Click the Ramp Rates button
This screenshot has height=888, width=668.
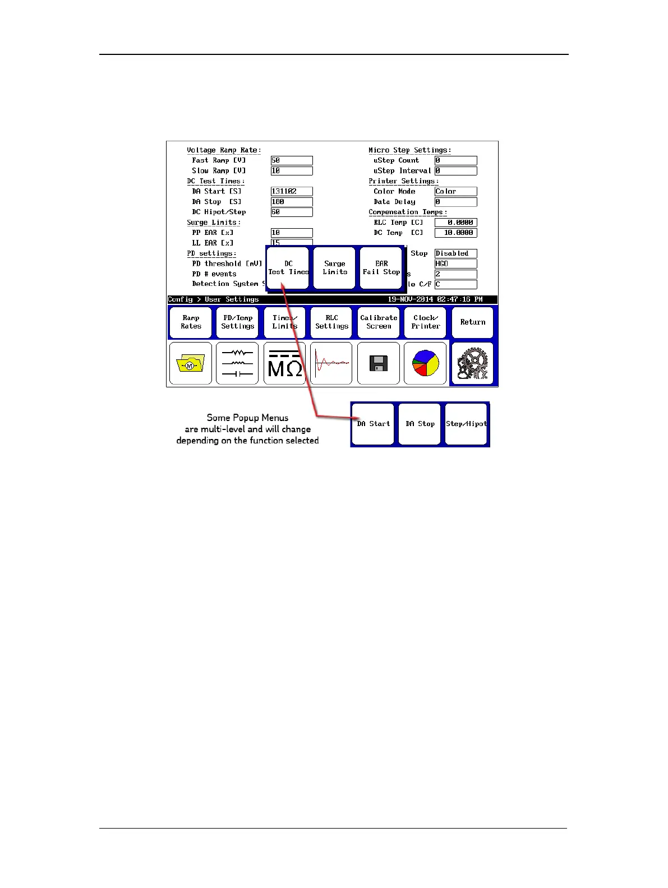point(191,322)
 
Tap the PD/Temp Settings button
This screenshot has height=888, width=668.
point(238,322)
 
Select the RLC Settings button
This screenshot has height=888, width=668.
point(331,322)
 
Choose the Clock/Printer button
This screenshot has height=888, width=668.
point(426,322)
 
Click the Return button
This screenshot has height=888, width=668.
point(472,322)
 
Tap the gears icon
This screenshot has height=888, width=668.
point(472,364)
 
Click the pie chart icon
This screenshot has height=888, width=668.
point(425,364)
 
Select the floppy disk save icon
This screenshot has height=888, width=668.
point(379,364)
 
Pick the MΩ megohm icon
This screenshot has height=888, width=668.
point(285,364)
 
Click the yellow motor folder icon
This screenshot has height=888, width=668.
point(191,364)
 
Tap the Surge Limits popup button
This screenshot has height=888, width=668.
point(334,268)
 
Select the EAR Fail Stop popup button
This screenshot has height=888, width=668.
point(381,268)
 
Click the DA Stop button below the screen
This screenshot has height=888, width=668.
point(420,424)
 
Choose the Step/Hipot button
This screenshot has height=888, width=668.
point(466,424)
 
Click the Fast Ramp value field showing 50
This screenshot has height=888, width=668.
point(292,161)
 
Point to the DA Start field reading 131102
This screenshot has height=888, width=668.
point(292,192)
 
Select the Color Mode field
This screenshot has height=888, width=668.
point(455,192)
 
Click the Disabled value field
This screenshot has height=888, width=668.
point(455,253)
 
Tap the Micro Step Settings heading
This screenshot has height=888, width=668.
point(409,150)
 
